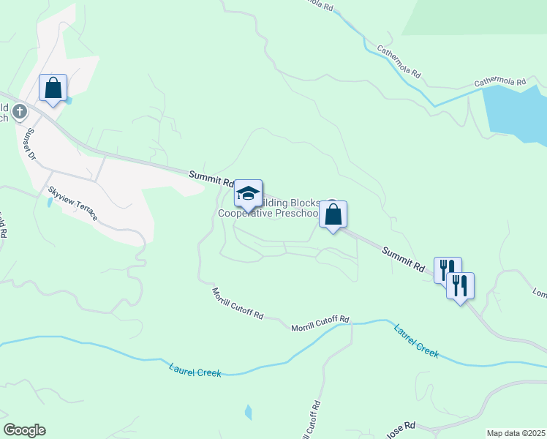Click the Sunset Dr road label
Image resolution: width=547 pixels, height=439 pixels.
click(x=31, y=144)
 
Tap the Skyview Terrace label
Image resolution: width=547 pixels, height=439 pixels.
click(x=72, y=203)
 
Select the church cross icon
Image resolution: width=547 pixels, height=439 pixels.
click(x=20, y=112)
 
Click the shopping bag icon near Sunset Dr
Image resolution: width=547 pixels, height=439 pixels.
click(x=53, y=88)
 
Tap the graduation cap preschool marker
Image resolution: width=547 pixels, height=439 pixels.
click(x=248, y=194)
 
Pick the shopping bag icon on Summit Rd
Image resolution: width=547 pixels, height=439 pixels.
click(x=333, y=215)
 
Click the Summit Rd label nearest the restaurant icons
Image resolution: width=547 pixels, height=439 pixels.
click(x=403, y=257)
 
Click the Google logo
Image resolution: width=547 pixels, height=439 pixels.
click(x=24, y=430)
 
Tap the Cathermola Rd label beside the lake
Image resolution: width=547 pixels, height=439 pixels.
click(x=500, y=82)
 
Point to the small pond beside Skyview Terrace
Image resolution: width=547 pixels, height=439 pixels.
click(x=49, y=202)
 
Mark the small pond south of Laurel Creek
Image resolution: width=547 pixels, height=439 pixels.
click(x=248, y=412)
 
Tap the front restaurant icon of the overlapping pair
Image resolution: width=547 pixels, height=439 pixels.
click(x=460, y=286)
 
